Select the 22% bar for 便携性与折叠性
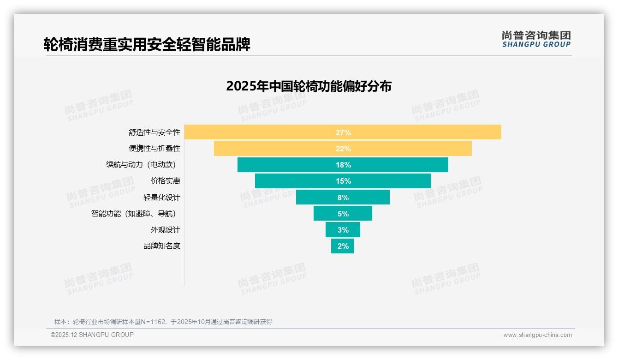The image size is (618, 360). click(x=277, y=149)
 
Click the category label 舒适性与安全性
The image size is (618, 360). click(x=154, y=132)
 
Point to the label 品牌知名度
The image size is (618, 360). click(x=161, y=246)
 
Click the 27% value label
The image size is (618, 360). click(x=343, y=132)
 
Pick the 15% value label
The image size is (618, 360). click(x=343, y=181)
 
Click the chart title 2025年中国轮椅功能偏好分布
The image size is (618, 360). click(x=309, y=86)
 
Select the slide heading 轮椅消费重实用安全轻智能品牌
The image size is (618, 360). click(x=147, y=45)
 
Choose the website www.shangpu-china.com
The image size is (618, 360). click(x=537, y=335)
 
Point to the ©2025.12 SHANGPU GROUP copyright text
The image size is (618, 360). click(x=92, y=335)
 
